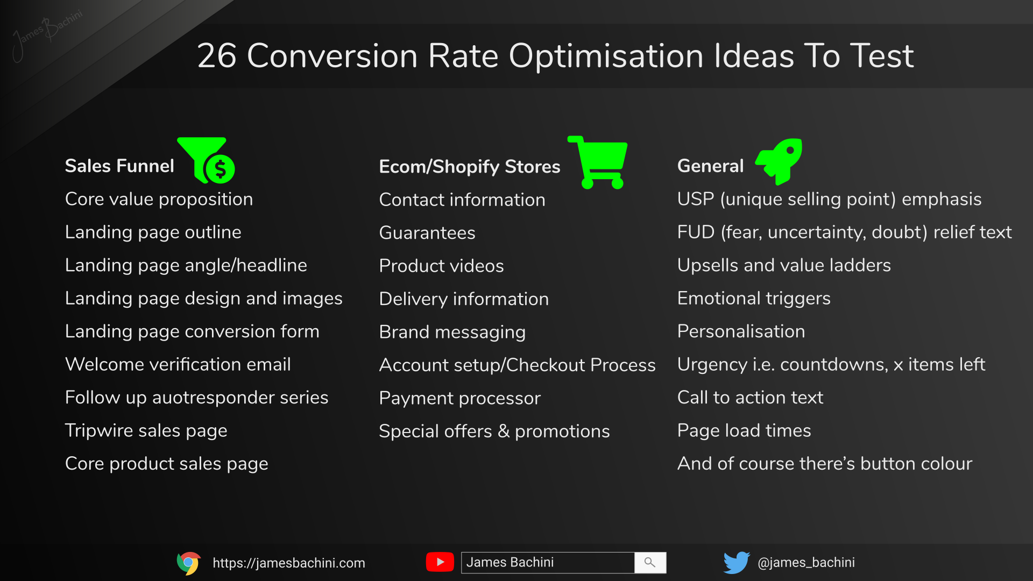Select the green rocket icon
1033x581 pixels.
pos(780,160)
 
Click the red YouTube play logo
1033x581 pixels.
pos(440,562)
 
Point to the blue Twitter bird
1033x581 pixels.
pos(736,562)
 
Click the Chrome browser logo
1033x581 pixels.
pos(188,563)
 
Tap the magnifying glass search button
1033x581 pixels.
pos(650,562)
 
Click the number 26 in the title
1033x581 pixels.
pos(217,55)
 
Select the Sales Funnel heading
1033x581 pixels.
pos(119,166)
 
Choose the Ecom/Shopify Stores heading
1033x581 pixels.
pos(469,167)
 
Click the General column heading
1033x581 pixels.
pos(710,166)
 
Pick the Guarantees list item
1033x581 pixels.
pos(427,233)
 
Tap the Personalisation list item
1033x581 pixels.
pos(741,331)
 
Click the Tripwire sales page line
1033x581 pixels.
pos(146,430)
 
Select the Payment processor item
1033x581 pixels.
pos(459,398)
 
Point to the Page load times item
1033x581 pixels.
pos(744,430)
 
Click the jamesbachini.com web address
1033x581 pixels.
pos(288,563)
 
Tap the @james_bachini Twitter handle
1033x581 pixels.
pos(806,562)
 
